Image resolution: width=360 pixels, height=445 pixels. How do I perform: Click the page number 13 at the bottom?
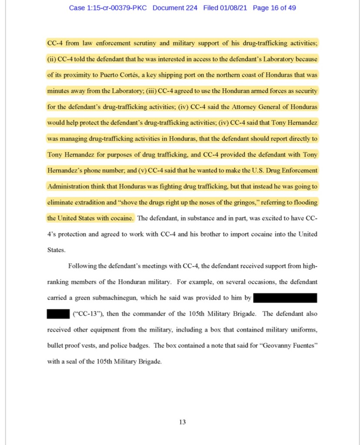tap(183, 422)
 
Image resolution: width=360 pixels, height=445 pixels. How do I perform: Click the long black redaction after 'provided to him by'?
tap(285, 298)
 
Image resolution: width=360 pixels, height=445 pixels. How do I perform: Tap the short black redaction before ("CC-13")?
tap(58, 313)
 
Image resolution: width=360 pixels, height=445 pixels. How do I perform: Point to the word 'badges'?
tap(140, 346)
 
